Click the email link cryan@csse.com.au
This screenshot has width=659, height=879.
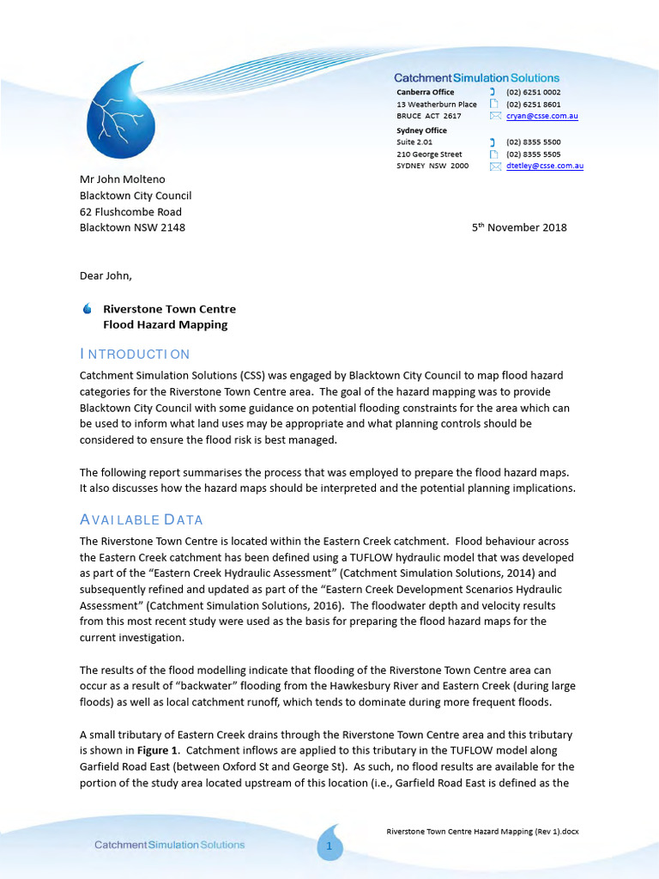(541, 116)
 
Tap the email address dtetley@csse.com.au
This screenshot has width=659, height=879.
(545, 167)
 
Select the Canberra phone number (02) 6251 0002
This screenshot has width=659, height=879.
(533, 92)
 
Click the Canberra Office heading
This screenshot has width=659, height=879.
(426, 92)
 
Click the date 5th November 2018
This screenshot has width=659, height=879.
(519, 227)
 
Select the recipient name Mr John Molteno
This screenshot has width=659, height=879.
(122, 179)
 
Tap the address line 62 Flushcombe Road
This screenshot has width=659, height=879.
(130, 212)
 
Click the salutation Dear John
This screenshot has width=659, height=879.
(106, 276)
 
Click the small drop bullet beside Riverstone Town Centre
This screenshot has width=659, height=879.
(87, 309)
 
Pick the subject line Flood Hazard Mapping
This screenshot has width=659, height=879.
(165, 325)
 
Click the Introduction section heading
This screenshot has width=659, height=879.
(135, 355)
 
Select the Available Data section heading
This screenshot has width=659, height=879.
(141, 520)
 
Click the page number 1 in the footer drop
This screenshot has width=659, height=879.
(329, 847)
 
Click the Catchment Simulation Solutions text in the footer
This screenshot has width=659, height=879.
(169, 845)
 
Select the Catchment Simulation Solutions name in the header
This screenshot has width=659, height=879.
(476, 78)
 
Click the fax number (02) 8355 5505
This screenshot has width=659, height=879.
(533, 155)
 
